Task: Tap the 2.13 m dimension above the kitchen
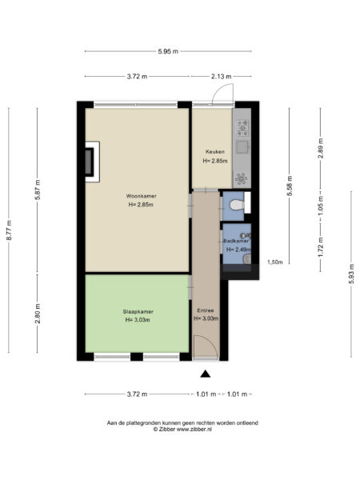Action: (x=222, y=77)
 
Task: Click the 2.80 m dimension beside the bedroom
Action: (x=38, y=316)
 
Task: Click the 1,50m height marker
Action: (x=274, y=262)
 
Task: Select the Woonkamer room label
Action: (x=139, y=195)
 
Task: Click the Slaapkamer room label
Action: (x=138, y=311)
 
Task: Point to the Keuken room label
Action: (x=214, y=152)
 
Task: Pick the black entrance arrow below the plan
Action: (x=206, y=374)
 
